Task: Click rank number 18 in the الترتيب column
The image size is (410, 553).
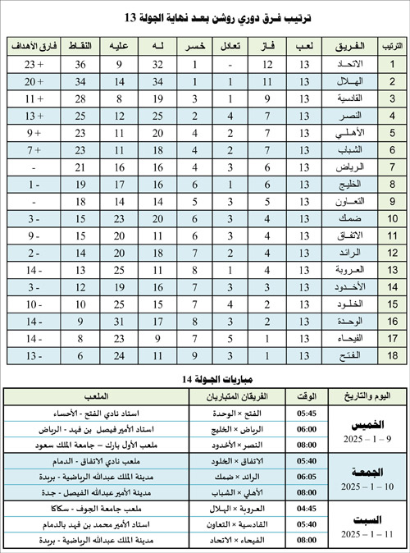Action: click(392, 355)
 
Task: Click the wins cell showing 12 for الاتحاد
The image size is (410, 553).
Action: click(266, 63)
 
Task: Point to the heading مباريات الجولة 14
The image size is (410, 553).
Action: click(204, 378)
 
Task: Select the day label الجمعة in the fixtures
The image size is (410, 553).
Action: click(364, 474)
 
